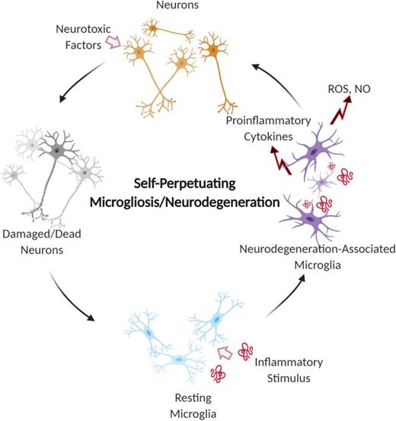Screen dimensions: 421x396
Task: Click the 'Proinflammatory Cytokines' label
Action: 257,127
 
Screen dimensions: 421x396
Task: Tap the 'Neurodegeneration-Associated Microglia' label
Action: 313,255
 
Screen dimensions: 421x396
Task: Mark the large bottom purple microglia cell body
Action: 311,218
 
